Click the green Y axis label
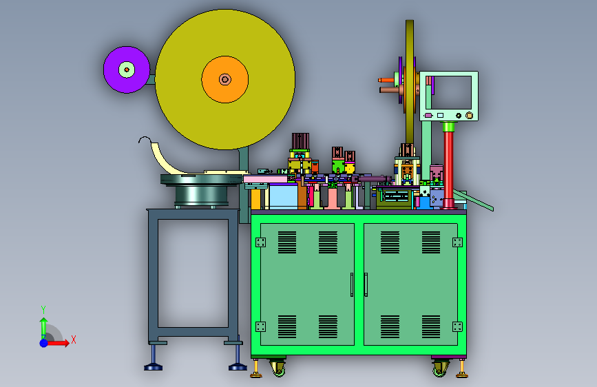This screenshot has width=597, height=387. coord(43,309)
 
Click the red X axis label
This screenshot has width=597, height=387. coord(74,339)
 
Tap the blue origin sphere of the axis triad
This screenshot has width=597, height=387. coord(44,343)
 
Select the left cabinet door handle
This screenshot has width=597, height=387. coord(352,284)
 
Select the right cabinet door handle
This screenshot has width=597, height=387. coord(366,284)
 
